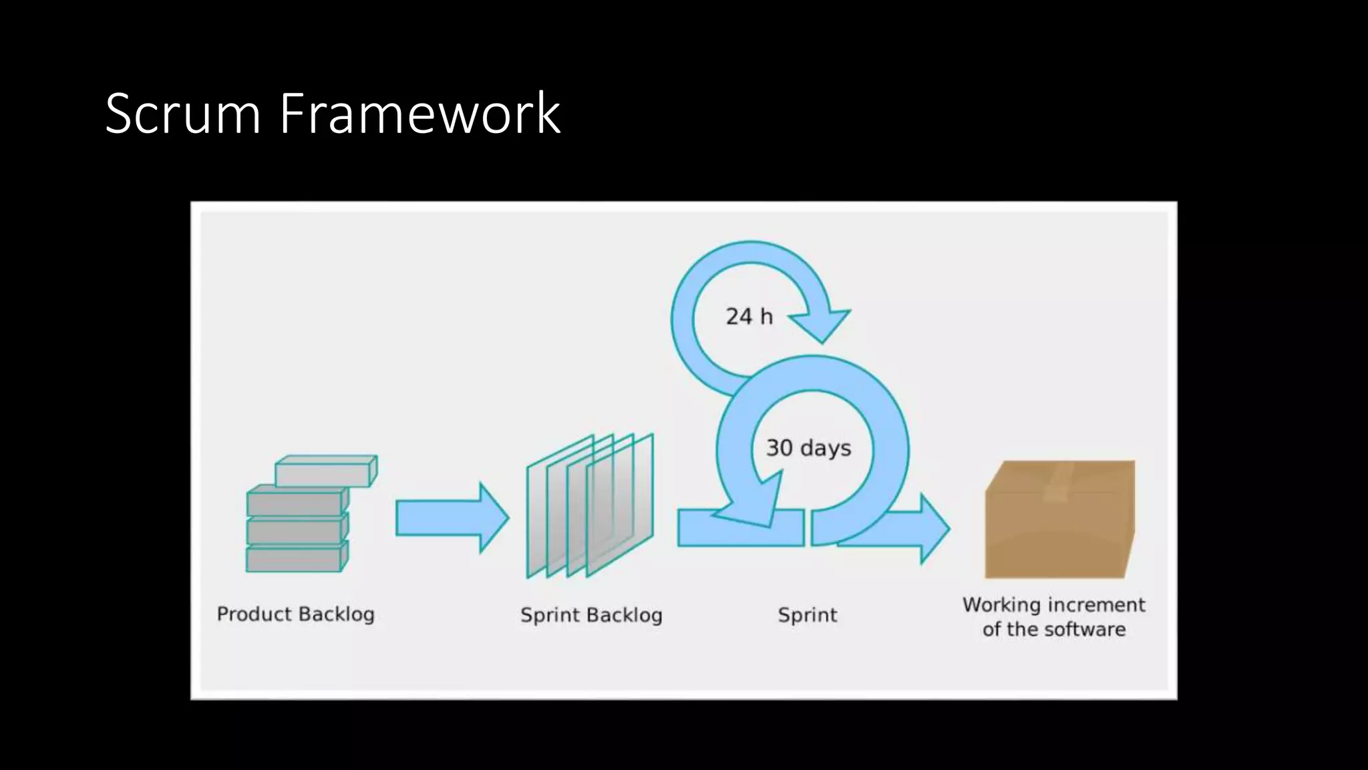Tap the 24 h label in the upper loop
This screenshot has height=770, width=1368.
[749, 316]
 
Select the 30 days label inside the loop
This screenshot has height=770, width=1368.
[808, 447]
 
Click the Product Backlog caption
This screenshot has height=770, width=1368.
[295, 614]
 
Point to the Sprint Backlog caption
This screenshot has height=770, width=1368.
[591, 615]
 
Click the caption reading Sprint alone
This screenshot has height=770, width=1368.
[807, 615]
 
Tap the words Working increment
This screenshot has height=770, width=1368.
[1053, 604]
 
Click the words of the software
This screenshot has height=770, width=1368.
[1053, 629]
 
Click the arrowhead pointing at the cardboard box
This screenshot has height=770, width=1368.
[933, 528]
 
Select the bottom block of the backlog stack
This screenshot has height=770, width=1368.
[294, 559]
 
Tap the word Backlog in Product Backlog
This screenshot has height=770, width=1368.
[335, 614]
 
